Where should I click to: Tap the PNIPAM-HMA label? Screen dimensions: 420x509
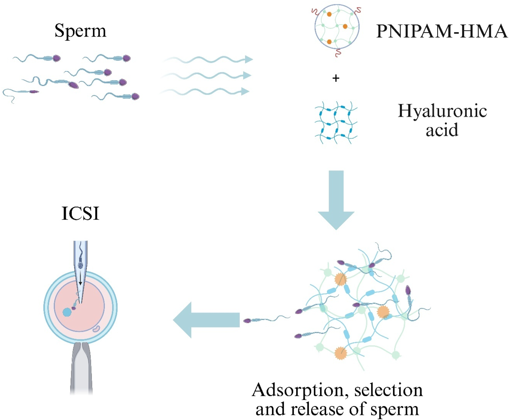pyautogui.click(x=441, y=31)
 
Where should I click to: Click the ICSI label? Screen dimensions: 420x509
pyautogui.click(x=80, y=213)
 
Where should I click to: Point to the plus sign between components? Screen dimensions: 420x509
pyautogui.click(x=336, y=78)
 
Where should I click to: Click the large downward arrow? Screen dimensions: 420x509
pyautogui.click(x=336, y=198)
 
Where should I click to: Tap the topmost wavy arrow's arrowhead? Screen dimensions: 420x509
pyautogui.click(x=248, y=59)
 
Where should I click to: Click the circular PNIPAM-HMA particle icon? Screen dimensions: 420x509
pyautogui.click(x=337, y=27)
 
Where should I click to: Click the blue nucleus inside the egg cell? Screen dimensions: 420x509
pyautogui.click(x=67, y=312)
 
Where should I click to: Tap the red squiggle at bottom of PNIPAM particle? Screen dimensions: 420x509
pyautogui.click(x=338, y=53)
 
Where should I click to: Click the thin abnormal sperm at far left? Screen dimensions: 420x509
pyautogui.click(x=20, y=93)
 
